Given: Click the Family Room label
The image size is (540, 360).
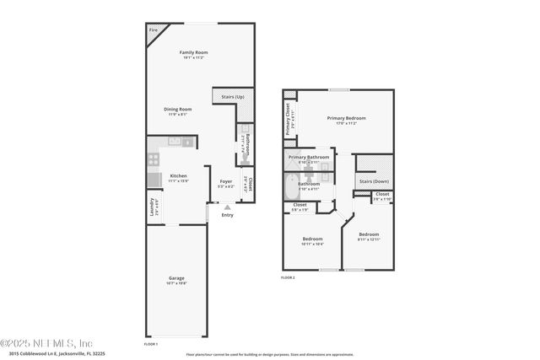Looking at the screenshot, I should point(193,52).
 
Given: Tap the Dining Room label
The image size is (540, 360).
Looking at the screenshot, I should point(178,109).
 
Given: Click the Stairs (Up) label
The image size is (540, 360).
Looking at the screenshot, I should point(234,97).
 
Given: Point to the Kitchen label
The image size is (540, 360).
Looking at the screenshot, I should point(178,176).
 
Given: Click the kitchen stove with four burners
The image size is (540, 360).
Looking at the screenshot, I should point(154,158).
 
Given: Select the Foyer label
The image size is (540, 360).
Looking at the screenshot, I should point(226,181).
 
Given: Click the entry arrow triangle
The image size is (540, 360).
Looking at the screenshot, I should point(226,207).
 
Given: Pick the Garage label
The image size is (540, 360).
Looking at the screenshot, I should point(176,278).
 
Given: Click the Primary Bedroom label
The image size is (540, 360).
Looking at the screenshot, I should point(346,118).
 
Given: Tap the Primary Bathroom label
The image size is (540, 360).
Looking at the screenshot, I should point(309,157).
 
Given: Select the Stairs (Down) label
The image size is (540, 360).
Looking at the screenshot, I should point(374,181).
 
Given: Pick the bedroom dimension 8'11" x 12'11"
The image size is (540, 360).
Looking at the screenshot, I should point(369,239).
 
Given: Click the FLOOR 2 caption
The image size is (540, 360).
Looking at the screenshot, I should point(288,277).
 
